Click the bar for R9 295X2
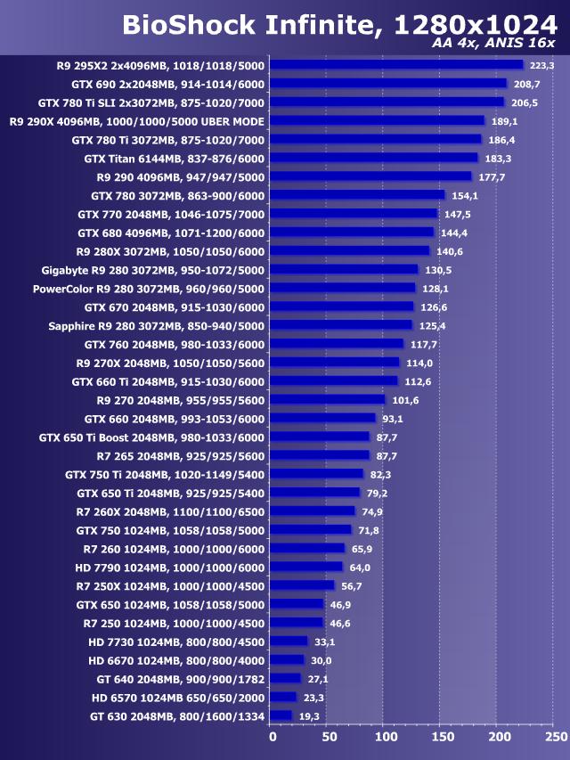[395, 64]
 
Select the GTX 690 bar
[387, 83]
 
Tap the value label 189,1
[504, 121]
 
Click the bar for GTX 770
[353, 214]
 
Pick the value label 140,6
[451, 251]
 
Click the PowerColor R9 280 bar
[342, 288]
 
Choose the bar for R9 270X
[334, 363]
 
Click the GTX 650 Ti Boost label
[151, 437]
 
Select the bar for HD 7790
[305, 567]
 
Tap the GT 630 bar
[281, 715]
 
